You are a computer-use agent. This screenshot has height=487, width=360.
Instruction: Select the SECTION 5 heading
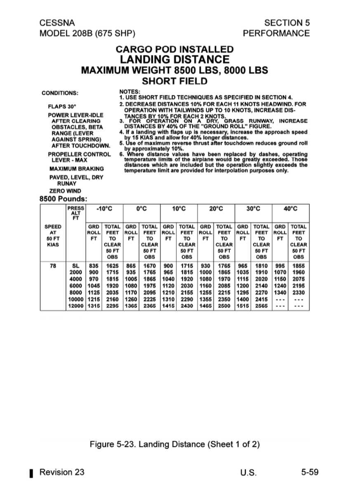[x=287, y=23]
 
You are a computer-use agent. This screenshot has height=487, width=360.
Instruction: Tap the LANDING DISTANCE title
[x=174, y=59]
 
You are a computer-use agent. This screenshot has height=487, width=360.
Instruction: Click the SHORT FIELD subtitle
[x=174, y=81]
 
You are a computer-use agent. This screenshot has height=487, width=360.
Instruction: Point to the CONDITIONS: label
[x=60, y=93]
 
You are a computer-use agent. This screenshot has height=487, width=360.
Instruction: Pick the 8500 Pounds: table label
[x=62, y=199]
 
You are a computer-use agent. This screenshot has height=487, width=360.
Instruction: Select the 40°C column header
[x=291, y=209]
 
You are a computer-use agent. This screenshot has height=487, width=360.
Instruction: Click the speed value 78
[x=53, y=266]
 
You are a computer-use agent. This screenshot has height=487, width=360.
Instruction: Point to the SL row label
[x=76, y=266]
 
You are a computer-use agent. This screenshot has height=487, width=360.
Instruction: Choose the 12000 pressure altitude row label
[x=75, y=306]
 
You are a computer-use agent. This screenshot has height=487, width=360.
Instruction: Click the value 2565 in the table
[x=261, y=306]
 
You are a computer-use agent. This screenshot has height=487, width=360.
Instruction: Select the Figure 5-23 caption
[x=174, y=445]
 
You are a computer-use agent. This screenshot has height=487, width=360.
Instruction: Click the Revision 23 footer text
[x=62, y=472]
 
